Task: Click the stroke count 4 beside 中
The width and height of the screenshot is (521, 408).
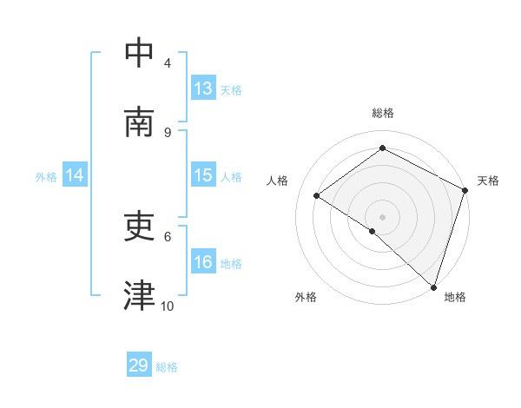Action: coord(168,63)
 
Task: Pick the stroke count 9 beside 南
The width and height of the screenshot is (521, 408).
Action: coord(168,132)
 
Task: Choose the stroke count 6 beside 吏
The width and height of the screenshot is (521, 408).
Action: coord(168,235)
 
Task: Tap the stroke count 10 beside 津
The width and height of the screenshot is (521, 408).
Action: coord(168,306)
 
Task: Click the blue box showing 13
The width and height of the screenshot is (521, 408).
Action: coord(203,89)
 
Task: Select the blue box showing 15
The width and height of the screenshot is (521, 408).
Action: coord(203,175)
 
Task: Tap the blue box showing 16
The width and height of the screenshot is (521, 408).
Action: coord(203,262)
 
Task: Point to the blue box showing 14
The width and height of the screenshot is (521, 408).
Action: coord(75,175)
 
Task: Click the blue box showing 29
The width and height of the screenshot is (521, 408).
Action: coord(139,365)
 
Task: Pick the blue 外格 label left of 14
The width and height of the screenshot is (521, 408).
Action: coord(46,177)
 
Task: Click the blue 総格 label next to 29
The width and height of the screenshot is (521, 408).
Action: coord(167,367)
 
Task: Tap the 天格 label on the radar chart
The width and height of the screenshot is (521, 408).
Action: coord(488,181)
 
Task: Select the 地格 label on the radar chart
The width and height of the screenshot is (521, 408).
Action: coord(455,297)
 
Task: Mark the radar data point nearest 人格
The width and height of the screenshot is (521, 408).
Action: coord(317,195)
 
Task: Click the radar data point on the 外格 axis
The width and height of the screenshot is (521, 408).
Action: coord(372,231)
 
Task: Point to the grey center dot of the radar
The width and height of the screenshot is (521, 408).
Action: coord(382,216)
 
